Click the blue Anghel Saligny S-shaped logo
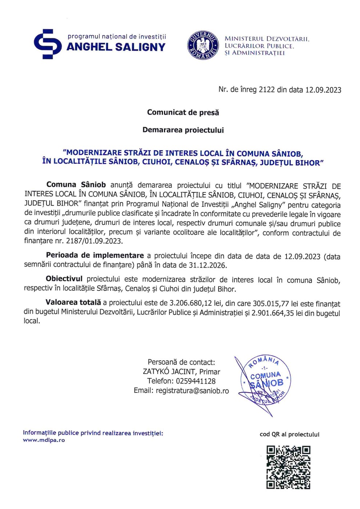pyautogui.click(x=48, y=44)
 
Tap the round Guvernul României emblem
pyautogui.click(x=203, y=45)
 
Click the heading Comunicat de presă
pyautogui.click(x=183, y=112)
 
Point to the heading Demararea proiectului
pyautogui.click(x=183, y=130)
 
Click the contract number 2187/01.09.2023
pyautogui.click(x=94, y=241)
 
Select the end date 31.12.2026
pyautogui.click(x=208, y=265)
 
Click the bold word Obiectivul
pyautogui.click(x=64, y=279)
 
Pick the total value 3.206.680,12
pyautogui.click(x=191, y=303)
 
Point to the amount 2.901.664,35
pyautogui.click(x=273, y=313)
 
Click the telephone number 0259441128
pyautogui.click(x=196, y=381)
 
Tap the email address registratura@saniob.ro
pyautogui.click(x=192, y=390)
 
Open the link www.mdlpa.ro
pyautogui.click(x=44, y=440)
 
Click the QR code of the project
pyautogui.click(x=288, y=467)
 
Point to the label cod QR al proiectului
pyautogui.click(x=289, y=434)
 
